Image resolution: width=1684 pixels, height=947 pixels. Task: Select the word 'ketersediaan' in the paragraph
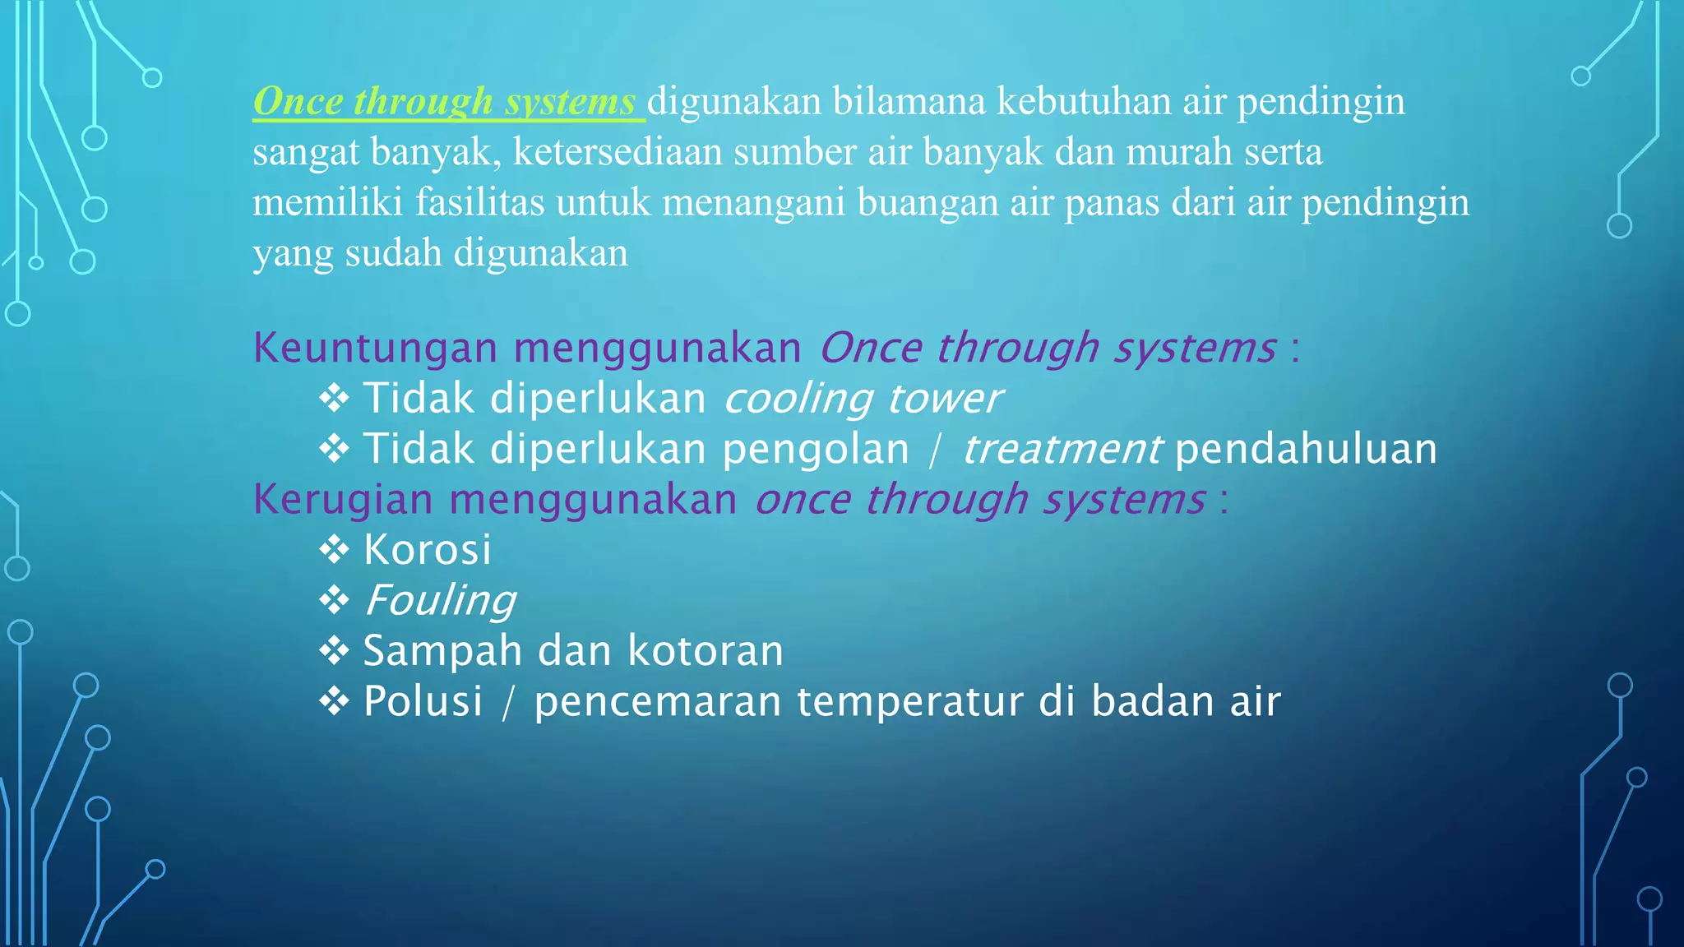(x=618, y=153)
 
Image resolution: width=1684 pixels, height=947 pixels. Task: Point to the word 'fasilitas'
(x=479, y=203)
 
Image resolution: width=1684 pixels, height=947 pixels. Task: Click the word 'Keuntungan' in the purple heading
(x=375, y=348)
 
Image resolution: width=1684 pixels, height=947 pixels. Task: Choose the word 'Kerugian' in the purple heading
(x=342, y=500)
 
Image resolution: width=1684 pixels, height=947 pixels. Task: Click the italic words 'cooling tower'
(x=863, y=399)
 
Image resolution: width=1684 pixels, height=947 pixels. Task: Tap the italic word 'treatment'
(x=1062, y=450)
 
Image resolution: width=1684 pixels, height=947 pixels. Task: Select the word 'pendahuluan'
(x=1306, y=450)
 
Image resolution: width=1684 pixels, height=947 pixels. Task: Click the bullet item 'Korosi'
(x=428, y=550)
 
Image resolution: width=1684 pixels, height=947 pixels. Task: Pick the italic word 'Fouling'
(x=440, y=600)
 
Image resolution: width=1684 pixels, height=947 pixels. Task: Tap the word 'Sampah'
(x=442, y=651)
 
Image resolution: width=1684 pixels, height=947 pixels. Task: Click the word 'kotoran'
(x=706, y=651)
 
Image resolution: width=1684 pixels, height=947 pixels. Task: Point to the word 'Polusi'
(x=423, y=702)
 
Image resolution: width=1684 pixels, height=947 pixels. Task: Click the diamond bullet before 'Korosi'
(x=334, y=550)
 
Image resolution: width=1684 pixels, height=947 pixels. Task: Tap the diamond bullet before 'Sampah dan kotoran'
(x=334, y=651)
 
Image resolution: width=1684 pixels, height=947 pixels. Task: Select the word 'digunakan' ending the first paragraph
(x=541, y=253)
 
